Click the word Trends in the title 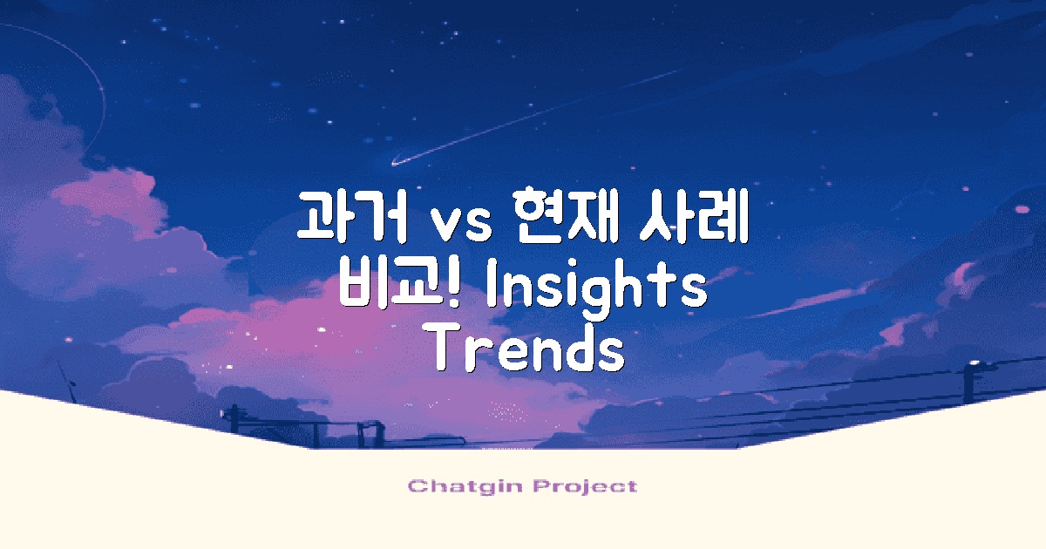[x=528, y=349]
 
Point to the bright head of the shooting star [x=397, y=161]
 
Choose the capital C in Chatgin [x=415, y=486]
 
